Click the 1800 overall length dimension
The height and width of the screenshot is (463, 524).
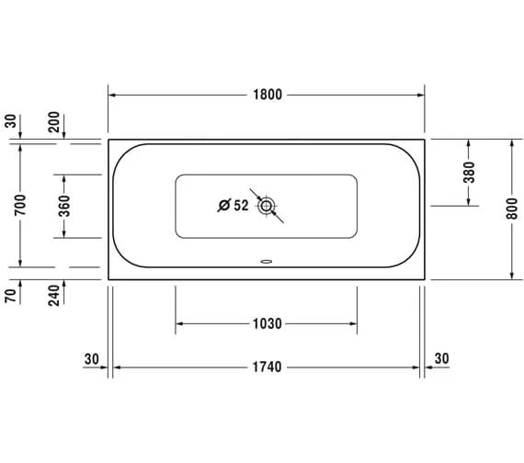pos(268,95)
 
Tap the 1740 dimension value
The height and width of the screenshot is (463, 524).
pos(267,367)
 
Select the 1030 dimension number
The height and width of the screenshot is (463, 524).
pos(267,323)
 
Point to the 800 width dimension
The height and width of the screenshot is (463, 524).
pos(512,209)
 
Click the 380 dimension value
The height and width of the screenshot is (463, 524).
pos(469,173)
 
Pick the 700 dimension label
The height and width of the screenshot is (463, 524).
pos(20,205)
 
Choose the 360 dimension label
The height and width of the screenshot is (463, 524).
pos(64,206)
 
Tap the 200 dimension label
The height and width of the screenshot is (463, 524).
pos(53,122)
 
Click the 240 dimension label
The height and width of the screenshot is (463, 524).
pos(53,295)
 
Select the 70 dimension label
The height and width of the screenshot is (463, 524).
pos(10,296)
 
